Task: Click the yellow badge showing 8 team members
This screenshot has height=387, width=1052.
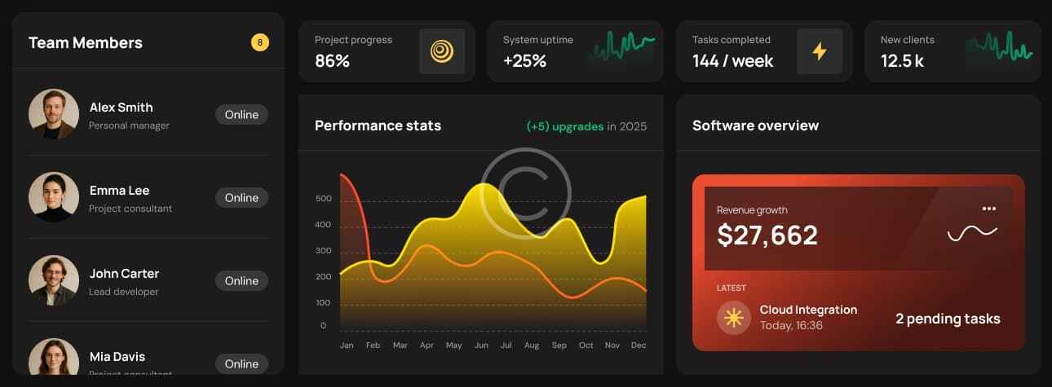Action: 259,42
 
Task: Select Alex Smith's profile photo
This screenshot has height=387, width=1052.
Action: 54,114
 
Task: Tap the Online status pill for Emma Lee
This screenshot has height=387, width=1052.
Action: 241,197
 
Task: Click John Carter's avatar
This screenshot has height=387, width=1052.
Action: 54,280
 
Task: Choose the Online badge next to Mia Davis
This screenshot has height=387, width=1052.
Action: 241,363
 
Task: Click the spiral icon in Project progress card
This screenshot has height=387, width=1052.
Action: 442,51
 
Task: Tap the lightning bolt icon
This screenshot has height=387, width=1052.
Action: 820,51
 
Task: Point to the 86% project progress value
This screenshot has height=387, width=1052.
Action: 332,60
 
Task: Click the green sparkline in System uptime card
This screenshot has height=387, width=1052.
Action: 621,49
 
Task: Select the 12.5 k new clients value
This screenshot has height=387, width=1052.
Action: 902,60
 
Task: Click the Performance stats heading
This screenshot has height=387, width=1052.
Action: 378,125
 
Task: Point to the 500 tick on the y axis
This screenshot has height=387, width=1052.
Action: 323,199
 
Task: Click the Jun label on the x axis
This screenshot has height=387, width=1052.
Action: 481,345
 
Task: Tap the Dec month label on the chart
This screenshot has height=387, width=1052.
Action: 639,345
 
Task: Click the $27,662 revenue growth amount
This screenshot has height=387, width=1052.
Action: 767,235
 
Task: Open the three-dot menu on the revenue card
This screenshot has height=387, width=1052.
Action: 989,209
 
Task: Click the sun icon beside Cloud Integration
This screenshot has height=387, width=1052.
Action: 733,317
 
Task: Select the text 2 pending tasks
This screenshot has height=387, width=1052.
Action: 948,319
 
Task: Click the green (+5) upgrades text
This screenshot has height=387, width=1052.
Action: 565,126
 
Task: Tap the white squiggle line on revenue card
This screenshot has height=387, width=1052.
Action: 972,234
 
